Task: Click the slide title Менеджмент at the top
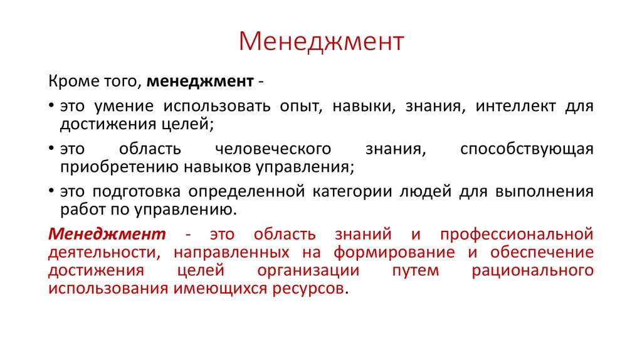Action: point(321,42)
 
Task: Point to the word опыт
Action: point(296,106)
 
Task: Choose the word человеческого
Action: point(273,149)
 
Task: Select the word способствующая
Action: point(527,149)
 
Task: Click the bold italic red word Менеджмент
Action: point(107,234)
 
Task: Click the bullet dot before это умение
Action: point(51,106)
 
